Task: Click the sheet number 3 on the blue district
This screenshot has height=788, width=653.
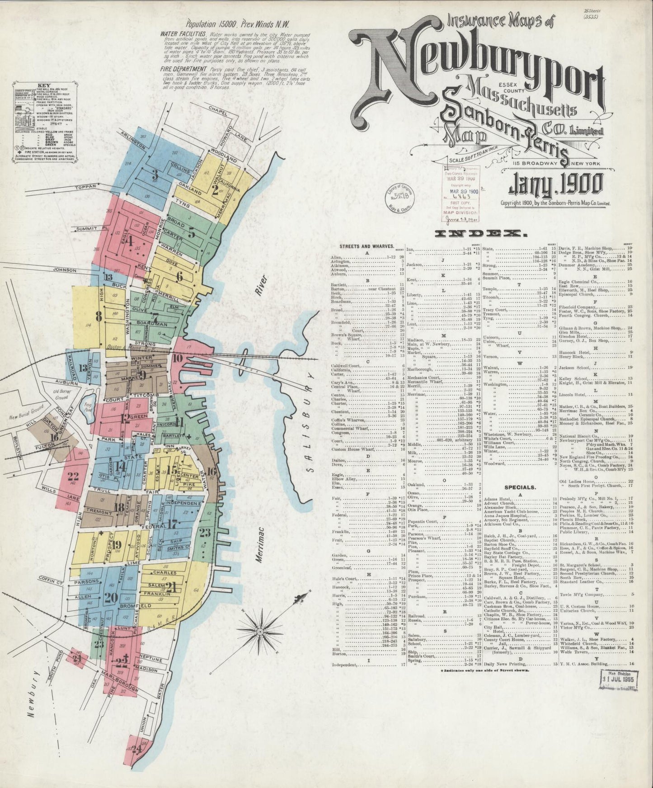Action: point(155,175)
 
